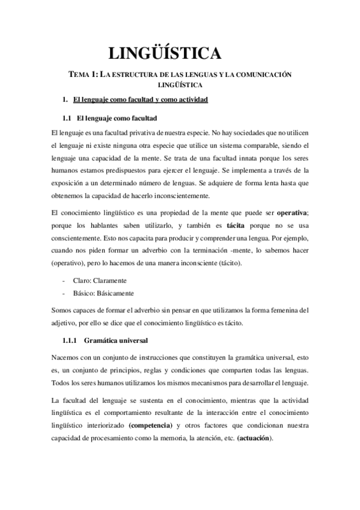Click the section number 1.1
click(67, 117)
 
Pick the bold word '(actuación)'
click(254, 438)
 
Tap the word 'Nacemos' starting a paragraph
click(67, 358)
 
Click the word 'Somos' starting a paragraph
click(63, 311)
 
